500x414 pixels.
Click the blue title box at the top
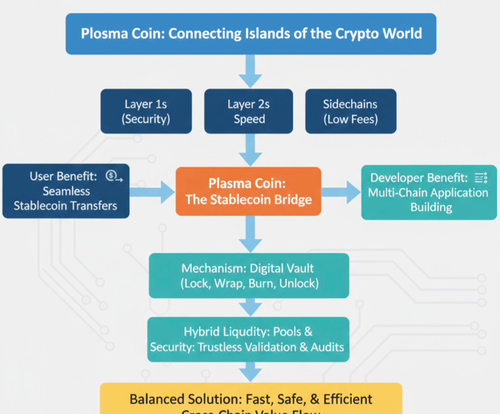[250, 33]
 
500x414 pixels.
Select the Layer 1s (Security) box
[146, 112]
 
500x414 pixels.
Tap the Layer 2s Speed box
[249, 112]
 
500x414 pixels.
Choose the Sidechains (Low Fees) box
[350, 112]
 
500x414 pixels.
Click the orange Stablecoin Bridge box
[248, 191]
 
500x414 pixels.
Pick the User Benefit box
[66, 191]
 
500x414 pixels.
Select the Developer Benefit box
[430, 193]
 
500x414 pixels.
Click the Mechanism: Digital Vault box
[249, 276]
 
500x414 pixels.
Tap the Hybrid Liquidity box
[248, 339]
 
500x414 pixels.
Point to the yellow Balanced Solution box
[251, 400]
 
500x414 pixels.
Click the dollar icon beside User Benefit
[113, 176]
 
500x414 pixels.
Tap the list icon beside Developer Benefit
[480, 177]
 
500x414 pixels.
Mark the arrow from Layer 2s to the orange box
[249, 150]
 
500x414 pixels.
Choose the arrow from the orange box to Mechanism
[249, 234]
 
